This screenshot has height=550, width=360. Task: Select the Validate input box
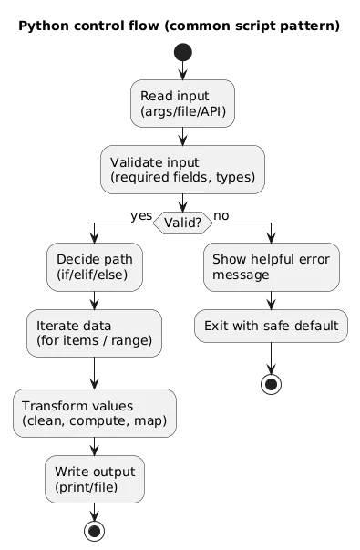[x=182, y=169]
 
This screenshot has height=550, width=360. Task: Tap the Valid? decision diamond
[x=182, y=222]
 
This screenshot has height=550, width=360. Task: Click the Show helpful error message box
[x=271, y=266]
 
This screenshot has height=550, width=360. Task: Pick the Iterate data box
[x=94, y=333]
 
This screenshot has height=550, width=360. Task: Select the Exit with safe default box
[x=271, y=326]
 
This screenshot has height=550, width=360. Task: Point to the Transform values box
[x=94, y=412]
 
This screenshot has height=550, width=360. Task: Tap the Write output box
[x=94, y=479]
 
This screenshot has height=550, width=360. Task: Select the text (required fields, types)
[x=182, y=177]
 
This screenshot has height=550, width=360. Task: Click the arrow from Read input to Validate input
[x=182, y=136]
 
